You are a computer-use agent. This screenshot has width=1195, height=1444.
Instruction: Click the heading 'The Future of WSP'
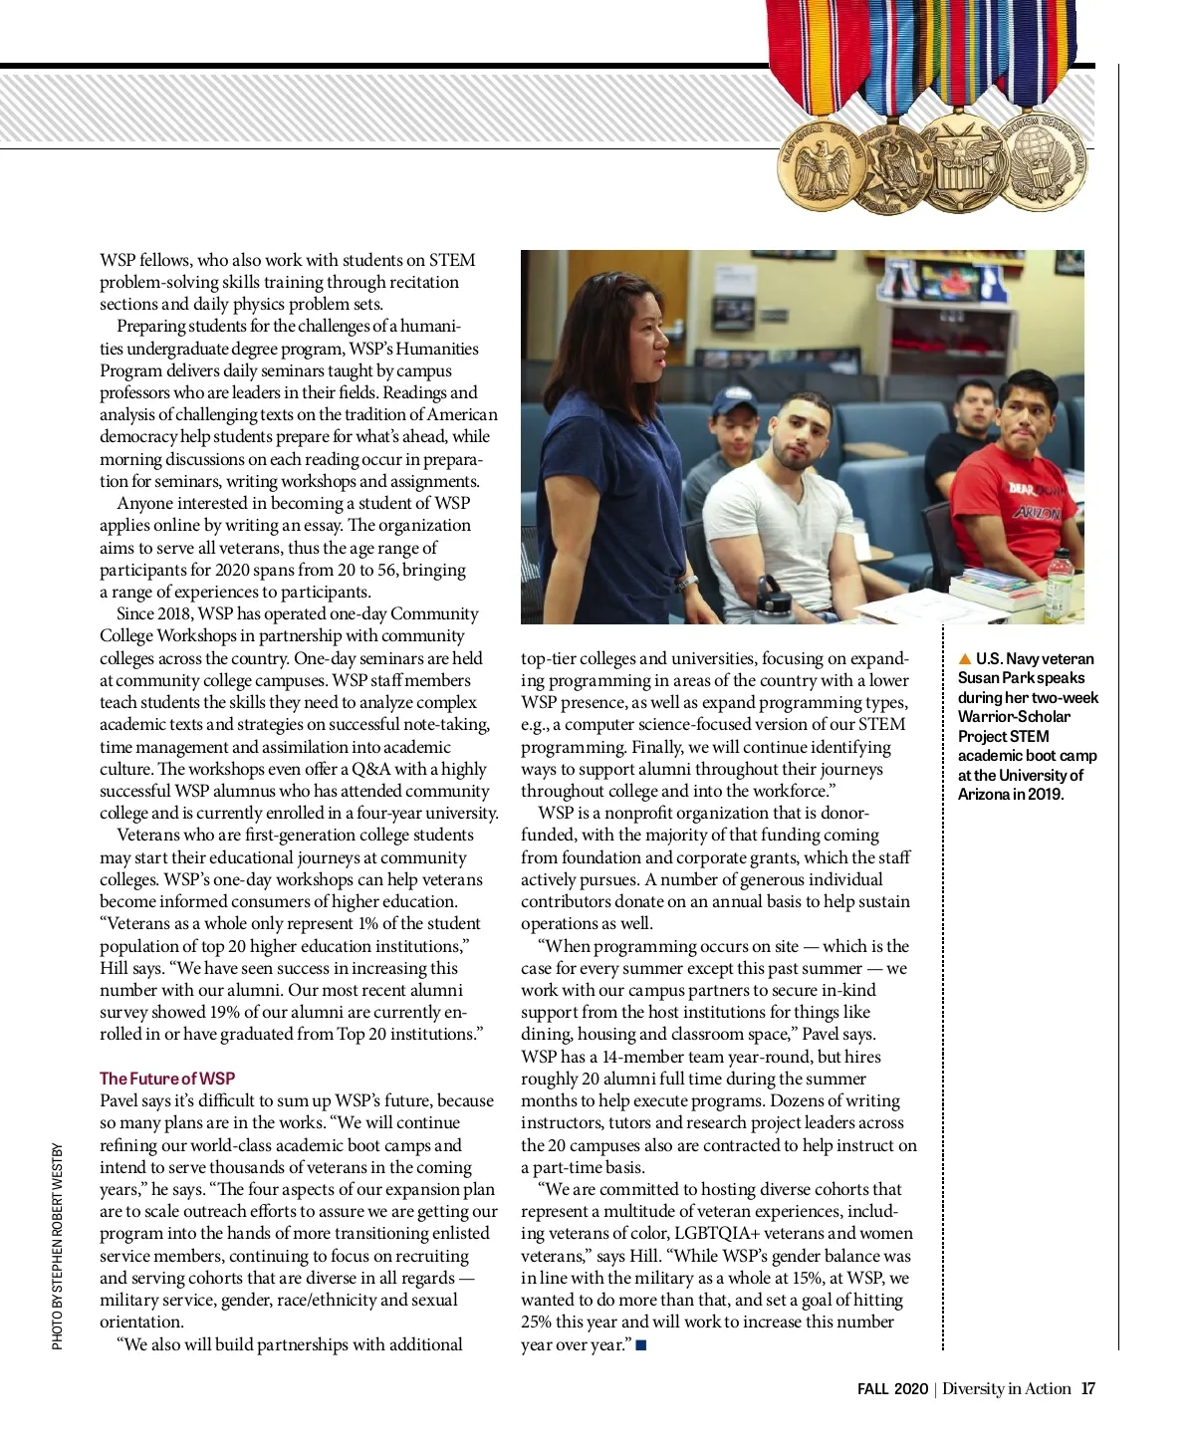167,1079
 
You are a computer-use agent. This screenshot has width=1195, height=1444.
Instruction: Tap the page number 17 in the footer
1088,1389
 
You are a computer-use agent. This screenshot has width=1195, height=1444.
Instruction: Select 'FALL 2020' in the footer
892,1389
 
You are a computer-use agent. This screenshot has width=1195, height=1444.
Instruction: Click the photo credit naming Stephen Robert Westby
58,1246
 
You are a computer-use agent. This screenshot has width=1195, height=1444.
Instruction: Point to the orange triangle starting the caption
964,659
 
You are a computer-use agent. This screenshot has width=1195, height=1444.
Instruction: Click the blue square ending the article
641,1345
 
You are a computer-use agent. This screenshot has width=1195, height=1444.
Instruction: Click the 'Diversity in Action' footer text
1007,1389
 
